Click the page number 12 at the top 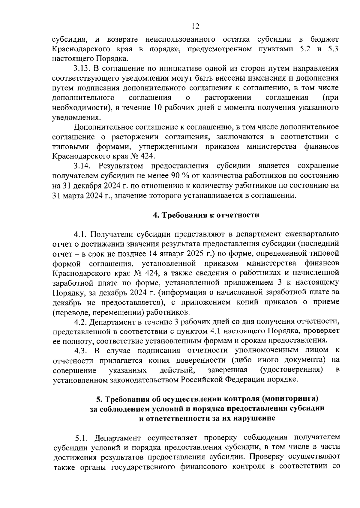pyautogui.click(x=195, y=27)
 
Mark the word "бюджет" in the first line pyautogui.click(x=325, y=39)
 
